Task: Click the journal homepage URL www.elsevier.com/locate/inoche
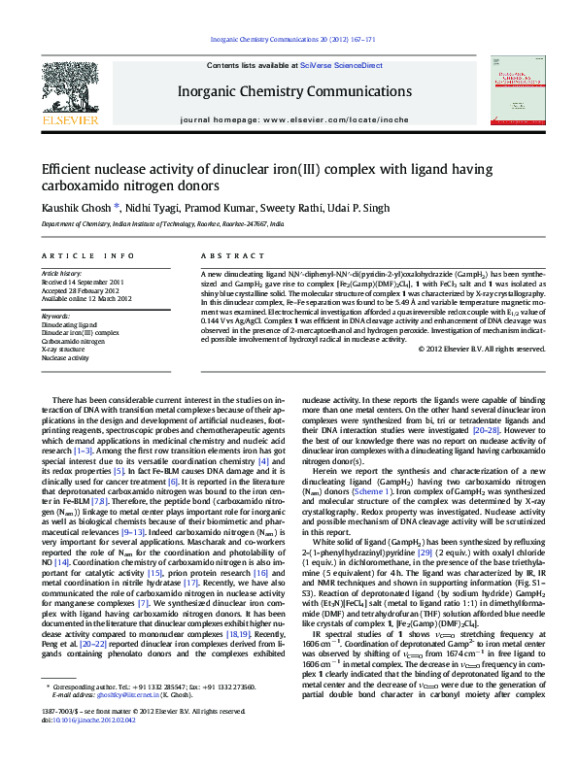tap(321, 118)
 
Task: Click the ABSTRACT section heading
tap(219, 255)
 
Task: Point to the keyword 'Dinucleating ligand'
tap(69, 325)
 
